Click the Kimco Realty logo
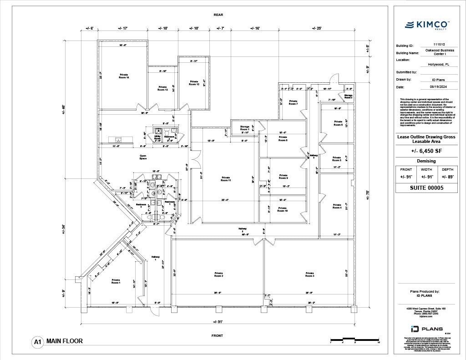coord(427,25)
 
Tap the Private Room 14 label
coord(124,76)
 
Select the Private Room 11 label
coord(226,179)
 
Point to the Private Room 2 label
coord(218,274)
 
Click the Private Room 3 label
coord(309,274)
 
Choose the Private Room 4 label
coord(337,206)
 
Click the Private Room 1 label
coord(116,281)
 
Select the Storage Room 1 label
coord(244,128)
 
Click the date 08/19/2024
coord(427,86)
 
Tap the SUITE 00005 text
coord(427,188)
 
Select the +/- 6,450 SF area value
coord(427,151)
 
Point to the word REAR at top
coord(218,15)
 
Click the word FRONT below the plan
coord(217,335)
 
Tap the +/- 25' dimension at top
coord(317,28)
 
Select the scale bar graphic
coord(354,339)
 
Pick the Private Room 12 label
coord(194,83)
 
